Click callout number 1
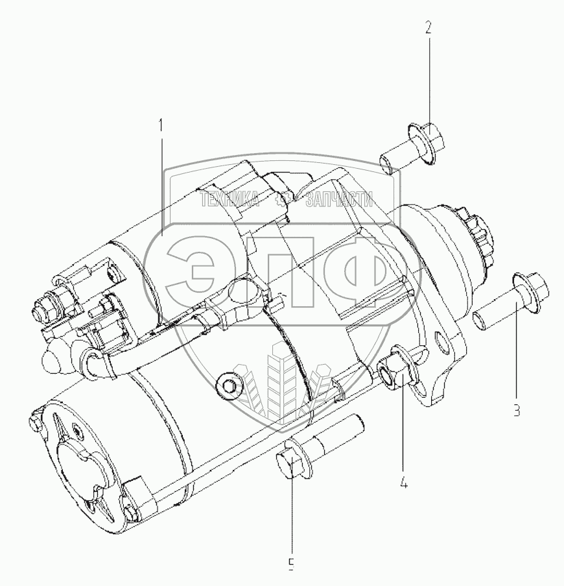click(x=161, y=126)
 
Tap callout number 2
click(x=429, y=28)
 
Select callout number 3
click(x=517, y=410)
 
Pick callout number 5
click(x=292, y=565)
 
